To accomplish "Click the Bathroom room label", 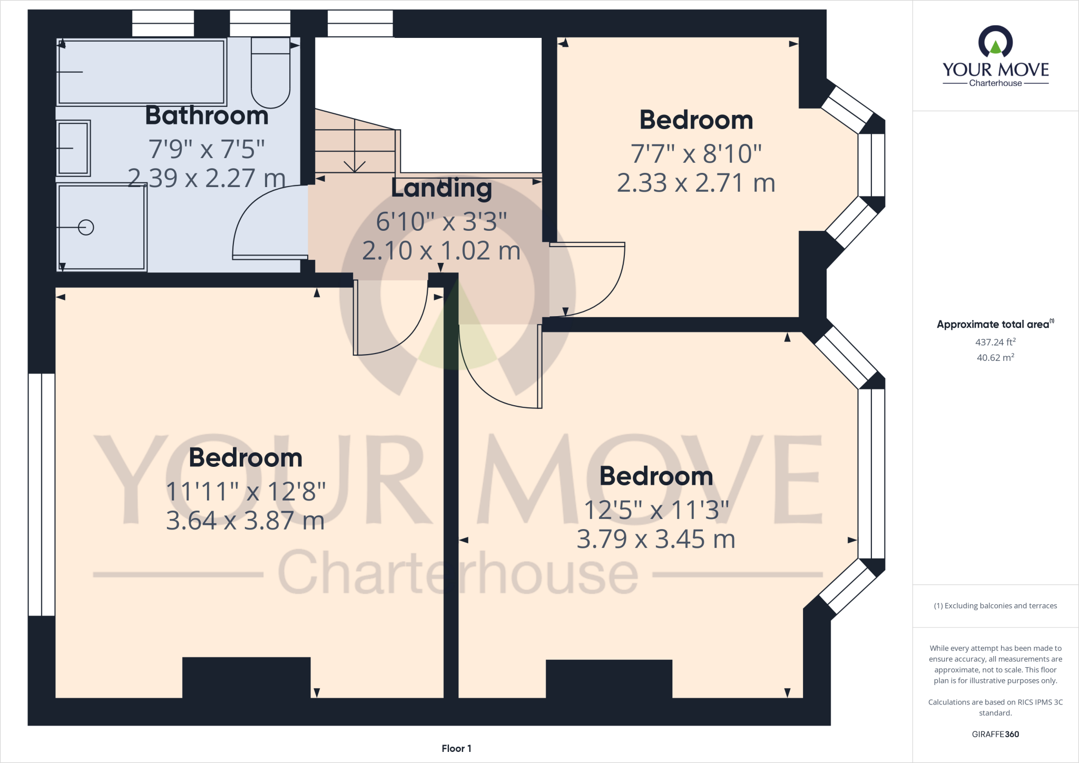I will [207, 115].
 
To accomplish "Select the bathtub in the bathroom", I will [141, 72].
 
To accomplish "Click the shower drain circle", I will [86, 227].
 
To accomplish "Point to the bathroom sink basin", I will [73, 148].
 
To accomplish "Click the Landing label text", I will [442, 188].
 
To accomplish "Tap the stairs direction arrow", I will [355, 158].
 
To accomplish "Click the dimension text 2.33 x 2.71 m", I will [696, 183].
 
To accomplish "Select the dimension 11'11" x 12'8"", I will [246, 491].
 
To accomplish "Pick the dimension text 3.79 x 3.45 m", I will [656, 539].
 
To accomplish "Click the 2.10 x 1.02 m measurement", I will [442, 251].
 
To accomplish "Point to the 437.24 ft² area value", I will [995, 342].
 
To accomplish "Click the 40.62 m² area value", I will [995, 358].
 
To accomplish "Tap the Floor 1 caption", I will [456, 748].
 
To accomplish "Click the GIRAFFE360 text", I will [995, 734].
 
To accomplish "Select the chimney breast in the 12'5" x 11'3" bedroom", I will [609, 679].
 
